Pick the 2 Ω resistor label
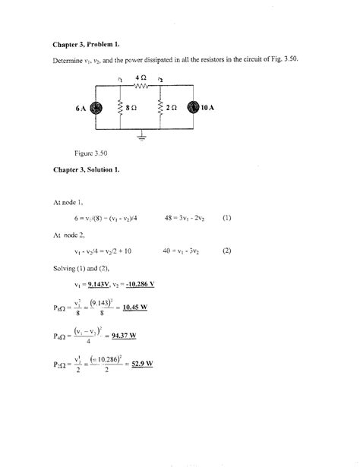pyautogui.click(x=170, y=109)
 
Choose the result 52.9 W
pyautogui.click(x=141, y=362)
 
